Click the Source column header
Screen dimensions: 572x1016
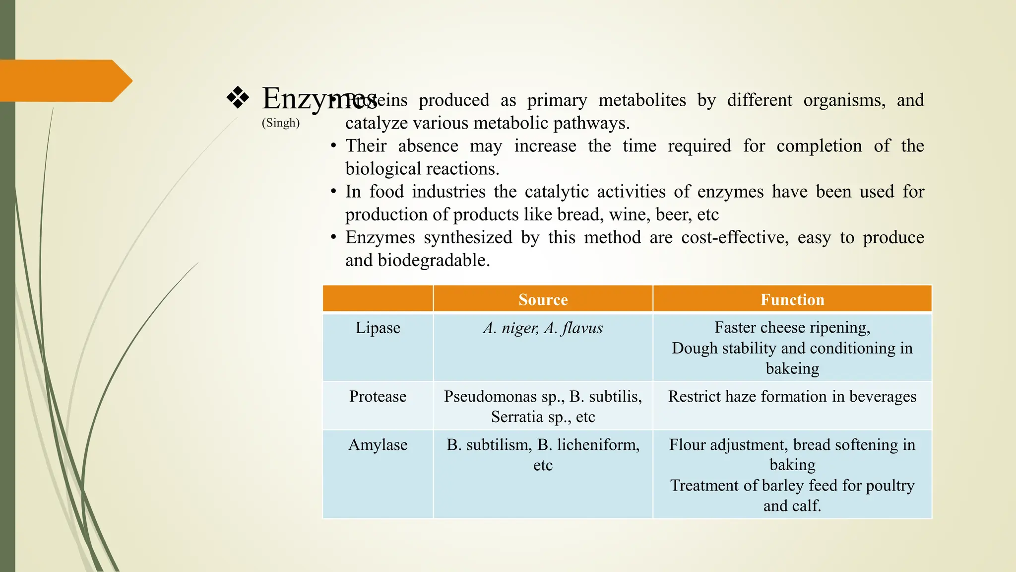point(543,299)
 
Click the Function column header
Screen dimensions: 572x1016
point(792,299)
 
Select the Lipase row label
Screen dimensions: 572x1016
point(378,328)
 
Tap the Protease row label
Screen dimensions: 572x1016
point(378,396)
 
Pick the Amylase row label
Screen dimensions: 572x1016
point(378,444)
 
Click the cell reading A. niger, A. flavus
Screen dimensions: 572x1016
point(543,328)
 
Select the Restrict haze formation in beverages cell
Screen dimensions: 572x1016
point(792,396)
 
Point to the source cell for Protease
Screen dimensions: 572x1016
point(543,406)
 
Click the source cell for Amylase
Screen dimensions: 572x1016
point(543,454)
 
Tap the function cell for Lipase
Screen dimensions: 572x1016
point(792,348)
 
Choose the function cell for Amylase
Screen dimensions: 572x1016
point(792,475)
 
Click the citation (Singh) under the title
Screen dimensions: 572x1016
point(281,123)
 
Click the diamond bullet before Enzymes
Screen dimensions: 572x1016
point(238,98)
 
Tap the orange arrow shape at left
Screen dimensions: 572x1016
point(64,80)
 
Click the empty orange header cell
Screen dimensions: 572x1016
point(378,299)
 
